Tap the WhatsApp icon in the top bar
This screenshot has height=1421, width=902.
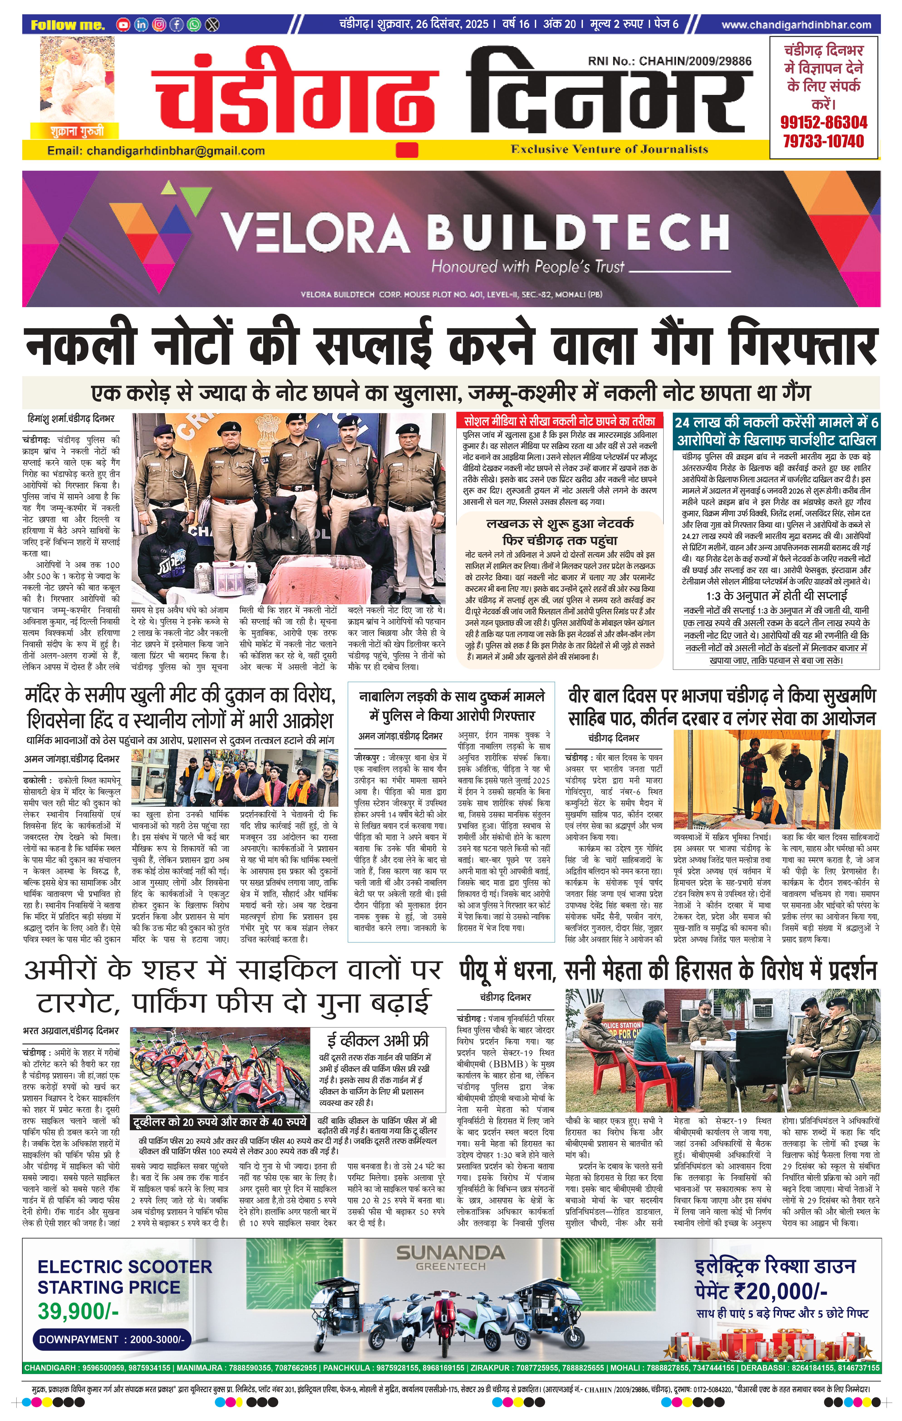pos(194,25)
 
